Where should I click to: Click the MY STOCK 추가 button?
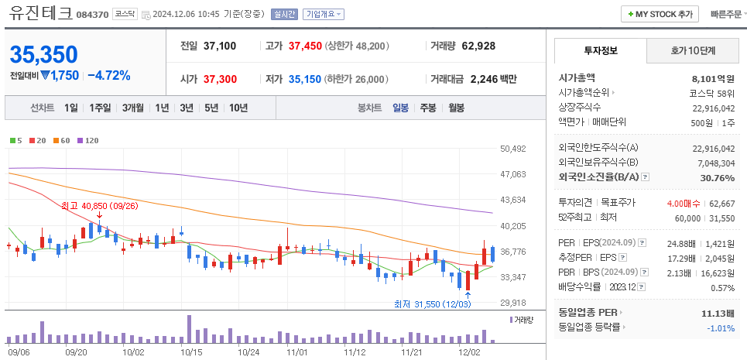pyautogui.click(x=660, y=14)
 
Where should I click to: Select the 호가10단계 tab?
pyautogui.click(x=692, y=50)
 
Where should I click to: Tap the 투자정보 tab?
pyautogui.click(x=601, y=50)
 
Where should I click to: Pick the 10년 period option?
pyautogui.click(x=238, y=108)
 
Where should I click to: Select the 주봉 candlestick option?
pyautogui.click(x=427, y=108)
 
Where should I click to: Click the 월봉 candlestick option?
pyautogui.click(x=456, y=108)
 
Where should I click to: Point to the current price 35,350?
pyautogui.click(x=44, y=54)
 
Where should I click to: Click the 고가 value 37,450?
pyautogui.click(x=304, y=46)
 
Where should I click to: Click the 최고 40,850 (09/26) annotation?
pyautogui.click(x=99, y=206)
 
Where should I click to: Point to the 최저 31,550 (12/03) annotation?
pyautogui.click(x=430, y=304)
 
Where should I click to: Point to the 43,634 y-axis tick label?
pyautogui.click(x=513, y=200)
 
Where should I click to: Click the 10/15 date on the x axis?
pyautogui.click(x=190, y=351)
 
